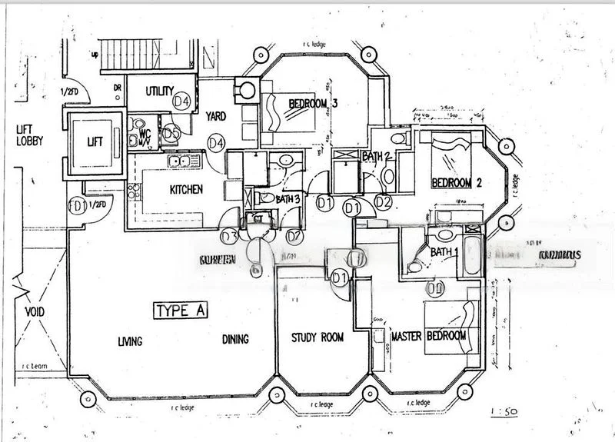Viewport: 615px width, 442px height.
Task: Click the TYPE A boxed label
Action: tap(181, 311)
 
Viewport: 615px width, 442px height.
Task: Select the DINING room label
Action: tap(235, 340)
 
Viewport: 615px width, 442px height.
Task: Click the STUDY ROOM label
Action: tap(317, 337)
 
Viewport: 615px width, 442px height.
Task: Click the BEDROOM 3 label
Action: tap(314, 104)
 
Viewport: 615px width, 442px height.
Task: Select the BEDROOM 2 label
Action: tap(457, 183)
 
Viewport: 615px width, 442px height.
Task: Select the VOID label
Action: tap(35, 312)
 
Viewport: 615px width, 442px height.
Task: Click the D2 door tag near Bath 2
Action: tap(383, 202)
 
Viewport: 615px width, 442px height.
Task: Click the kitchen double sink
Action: tap(181, 161)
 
